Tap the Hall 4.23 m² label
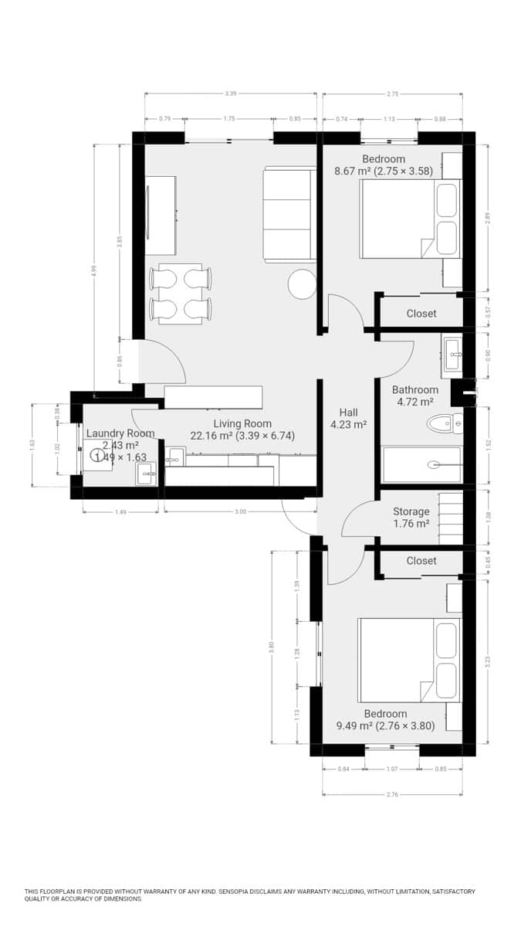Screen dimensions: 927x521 point(348,418)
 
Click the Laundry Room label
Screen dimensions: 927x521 point(120,433)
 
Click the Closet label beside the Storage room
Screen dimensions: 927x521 point(421,561)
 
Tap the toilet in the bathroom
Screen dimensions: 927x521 point(445,423)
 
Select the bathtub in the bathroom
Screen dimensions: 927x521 point(421,464)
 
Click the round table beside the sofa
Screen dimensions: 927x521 point(302,284)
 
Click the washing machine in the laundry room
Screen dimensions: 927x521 point(99,454)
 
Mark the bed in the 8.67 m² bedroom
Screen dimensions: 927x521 point(410,219)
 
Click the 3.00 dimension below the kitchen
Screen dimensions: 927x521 point(241,511)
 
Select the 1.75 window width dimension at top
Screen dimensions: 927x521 point(228,119)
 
